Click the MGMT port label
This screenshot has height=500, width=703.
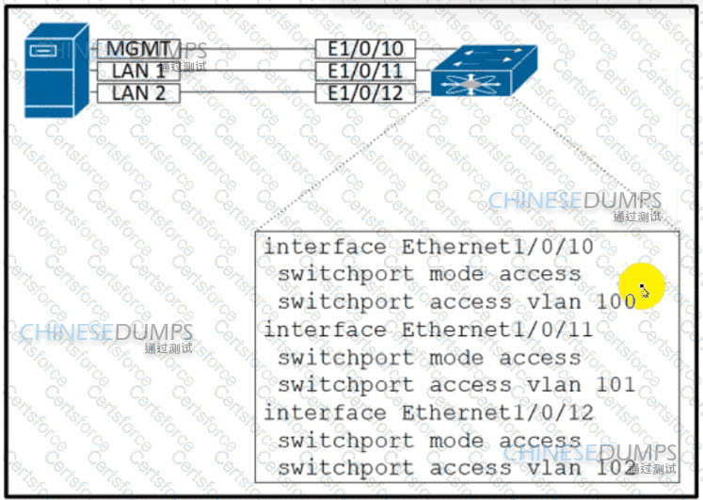137,49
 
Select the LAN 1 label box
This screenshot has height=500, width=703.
137,71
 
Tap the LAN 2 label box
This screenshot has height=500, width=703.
137,92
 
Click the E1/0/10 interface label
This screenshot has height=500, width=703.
365,49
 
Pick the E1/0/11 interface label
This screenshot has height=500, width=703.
365,71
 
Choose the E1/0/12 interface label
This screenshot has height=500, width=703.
365,92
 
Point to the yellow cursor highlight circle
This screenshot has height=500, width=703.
643,286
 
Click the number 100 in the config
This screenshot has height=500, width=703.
616,302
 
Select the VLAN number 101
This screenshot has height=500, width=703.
616,385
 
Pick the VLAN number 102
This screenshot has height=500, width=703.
616,468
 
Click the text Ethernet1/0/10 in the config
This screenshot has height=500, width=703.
498,247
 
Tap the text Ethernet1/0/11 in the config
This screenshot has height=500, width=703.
498,330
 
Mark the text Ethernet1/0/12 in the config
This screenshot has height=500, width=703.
498,412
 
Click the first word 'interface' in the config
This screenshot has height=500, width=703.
325,247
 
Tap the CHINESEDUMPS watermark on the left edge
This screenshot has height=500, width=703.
105,333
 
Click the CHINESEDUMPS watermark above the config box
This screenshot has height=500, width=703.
574,202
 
